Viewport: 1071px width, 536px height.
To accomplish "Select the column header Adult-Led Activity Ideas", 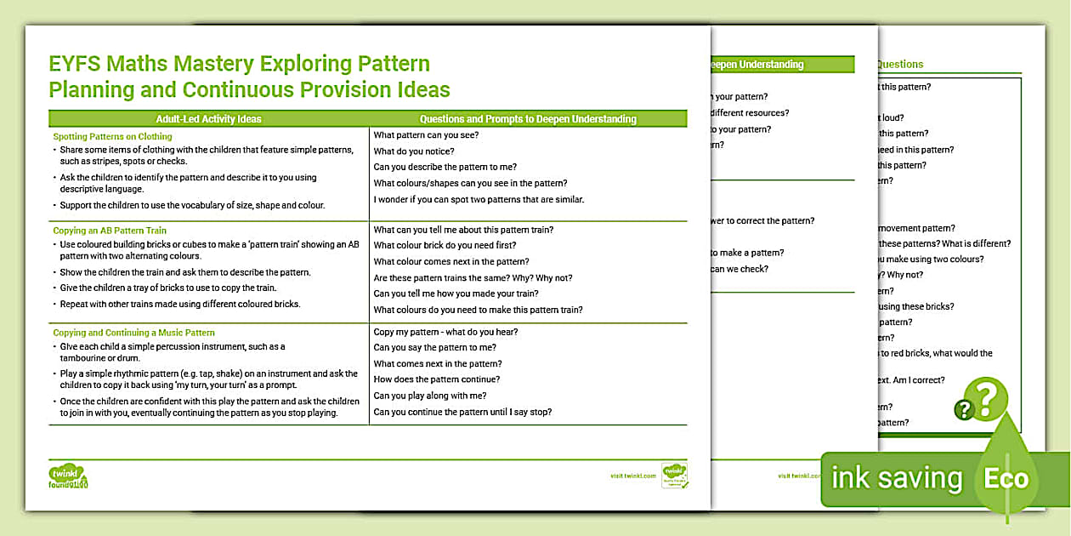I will coord(209,119).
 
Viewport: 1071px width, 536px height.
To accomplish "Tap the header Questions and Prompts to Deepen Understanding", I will coord(528,119).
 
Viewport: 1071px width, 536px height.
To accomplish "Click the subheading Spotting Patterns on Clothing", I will coord(112,136).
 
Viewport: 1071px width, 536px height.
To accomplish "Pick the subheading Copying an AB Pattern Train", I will coord(110,231).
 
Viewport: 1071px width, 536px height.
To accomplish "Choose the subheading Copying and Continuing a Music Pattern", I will coord(133,333).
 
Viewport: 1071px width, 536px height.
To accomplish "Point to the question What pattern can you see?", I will coord(426,135).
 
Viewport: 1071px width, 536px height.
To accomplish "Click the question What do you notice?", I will coord(414,151).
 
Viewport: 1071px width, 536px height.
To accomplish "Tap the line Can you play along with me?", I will coord(430,396).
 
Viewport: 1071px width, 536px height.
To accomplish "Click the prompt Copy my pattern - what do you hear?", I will coord(445,332).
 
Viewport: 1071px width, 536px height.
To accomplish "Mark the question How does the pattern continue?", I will coord(437,379).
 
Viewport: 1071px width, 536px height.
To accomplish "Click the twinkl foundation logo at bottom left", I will coord(68,476).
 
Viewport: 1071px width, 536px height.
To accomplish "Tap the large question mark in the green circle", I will coord(985,398).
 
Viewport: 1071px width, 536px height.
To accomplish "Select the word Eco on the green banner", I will coord(1006,479).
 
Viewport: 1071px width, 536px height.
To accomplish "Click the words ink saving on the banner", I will coord(896,479).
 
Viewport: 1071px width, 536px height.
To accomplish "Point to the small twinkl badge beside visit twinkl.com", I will coord(674,475).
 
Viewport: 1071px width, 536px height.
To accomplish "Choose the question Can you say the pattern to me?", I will coord(435,347).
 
